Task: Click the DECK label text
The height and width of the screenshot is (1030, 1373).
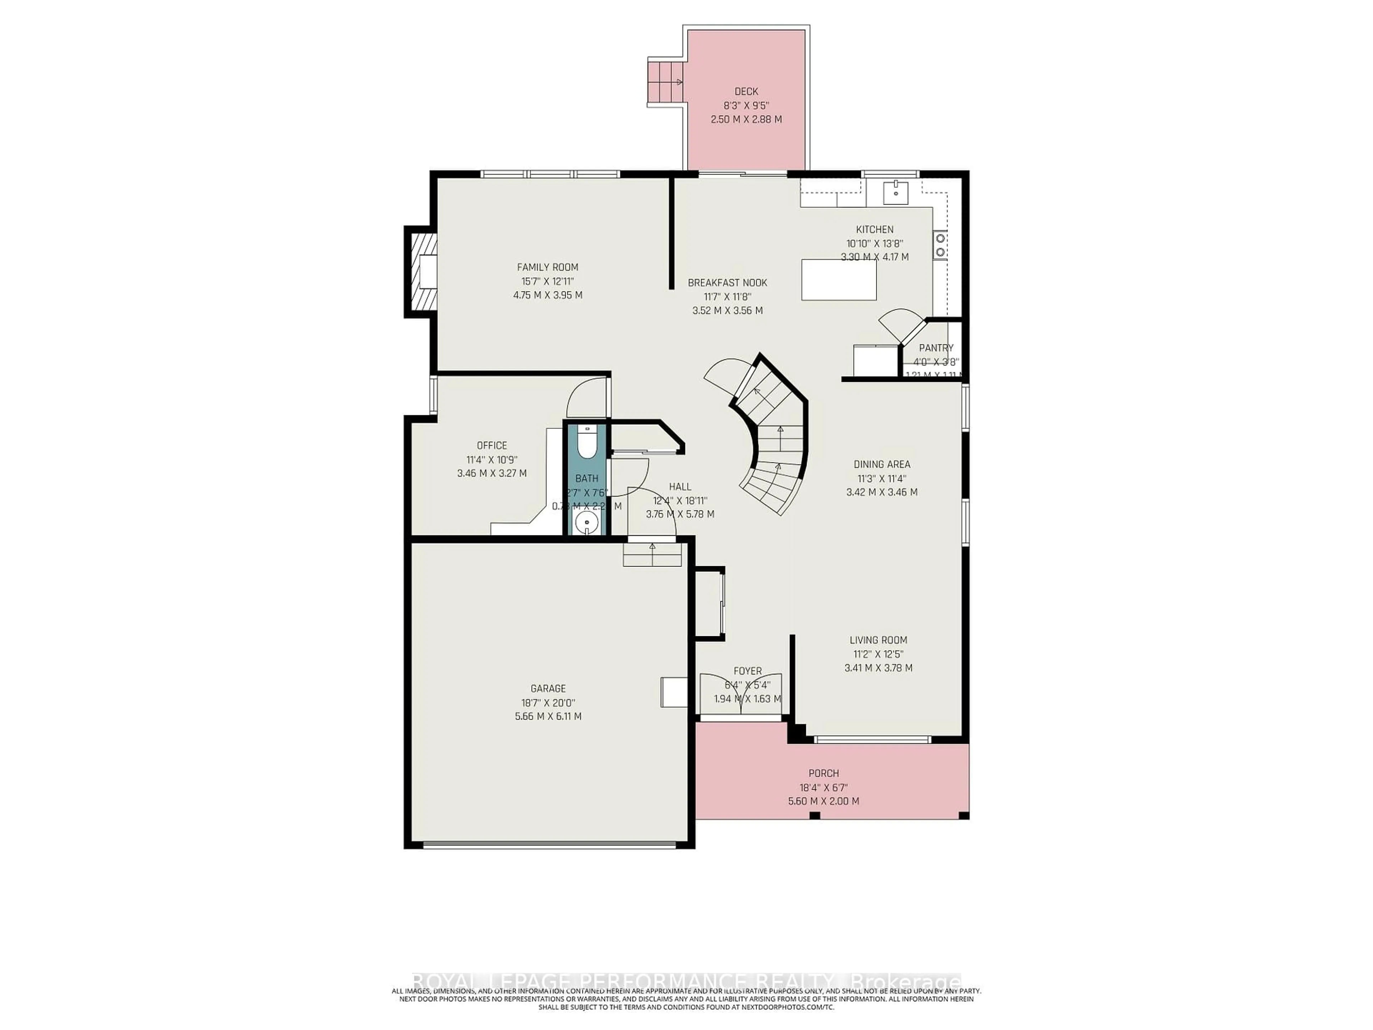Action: [x=746, y=91]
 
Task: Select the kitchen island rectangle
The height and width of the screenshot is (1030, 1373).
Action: [x=838, y=280]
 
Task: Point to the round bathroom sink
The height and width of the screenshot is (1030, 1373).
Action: [x=586, y=523]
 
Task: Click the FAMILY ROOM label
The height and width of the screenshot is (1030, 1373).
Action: [x=547, y=267]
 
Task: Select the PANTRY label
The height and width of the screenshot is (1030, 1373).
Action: [x=936, y=348]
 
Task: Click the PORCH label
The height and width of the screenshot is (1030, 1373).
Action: [x=824, y=773]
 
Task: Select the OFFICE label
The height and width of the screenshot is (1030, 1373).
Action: [x=492, y=445]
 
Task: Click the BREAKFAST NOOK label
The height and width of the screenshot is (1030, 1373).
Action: [x=728, y=283]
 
